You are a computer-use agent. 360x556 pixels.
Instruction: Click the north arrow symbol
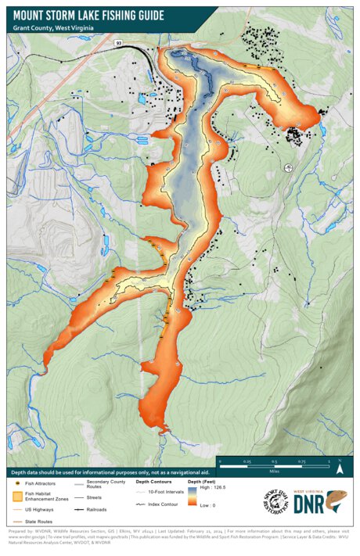340,469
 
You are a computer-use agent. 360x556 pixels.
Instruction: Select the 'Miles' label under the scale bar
274,472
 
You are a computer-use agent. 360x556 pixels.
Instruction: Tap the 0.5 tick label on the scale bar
275,462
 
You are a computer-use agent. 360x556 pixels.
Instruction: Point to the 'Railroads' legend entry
101,508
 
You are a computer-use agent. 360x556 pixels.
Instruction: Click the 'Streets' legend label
96,497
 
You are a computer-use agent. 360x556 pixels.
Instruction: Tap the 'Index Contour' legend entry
164,505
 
